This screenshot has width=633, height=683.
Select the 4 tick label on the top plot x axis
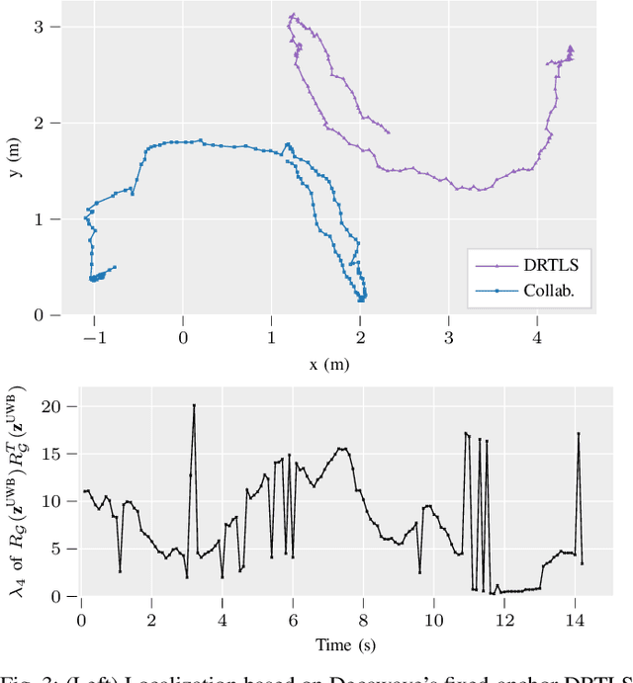pyautogui.click(x=538, y=337)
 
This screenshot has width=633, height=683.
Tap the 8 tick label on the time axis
pyautogui.click(x=363, y=620)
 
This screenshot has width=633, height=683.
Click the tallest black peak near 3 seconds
pyautogui.click(x=194, y=405)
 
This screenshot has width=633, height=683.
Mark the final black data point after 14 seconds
pyautogui.click(x=582, y=563)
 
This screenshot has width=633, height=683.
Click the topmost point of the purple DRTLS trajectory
pyautogui.click(x=292, y=15)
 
